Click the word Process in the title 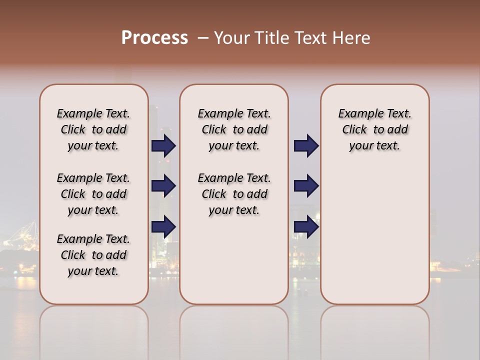click(x=154, y=38)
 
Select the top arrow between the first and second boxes click(x=163, y=146)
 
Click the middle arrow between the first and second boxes click(x=163, y=186)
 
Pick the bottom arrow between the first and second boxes click(x=163, y=226)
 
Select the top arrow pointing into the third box click(x=306, y=146)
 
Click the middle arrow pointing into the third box click(x=306, y=186)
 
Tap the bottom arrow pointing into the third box click(x=306, y=226)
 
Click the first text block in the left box click(x=93, y=129)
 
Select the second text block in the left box click(x=93, y=194)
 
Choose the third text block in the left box click(x=93, y=255)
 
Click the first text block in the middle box click(x=234, y=129)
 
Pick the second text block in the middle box click(x=234, y=194)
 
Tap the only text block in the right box click(x=375, y=129)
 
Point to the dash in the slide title click(x=203, y=38)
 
